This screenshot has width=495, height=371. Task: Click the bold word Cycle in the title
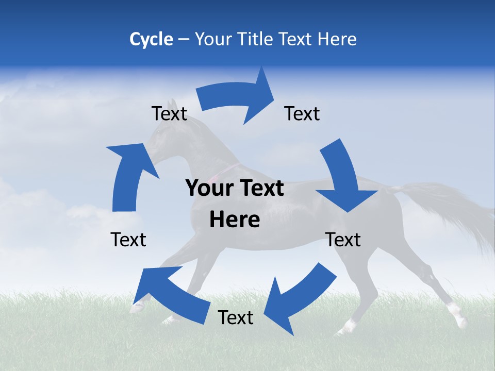click(x=151, y=39)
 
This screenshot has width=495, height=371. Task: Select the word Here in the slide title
click(x=337, y=39)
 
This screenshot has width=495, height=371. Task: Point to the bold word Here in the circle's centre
click(x=235, y=220)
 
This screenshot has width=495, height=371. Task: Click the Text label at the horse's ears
click(x=169, y=113)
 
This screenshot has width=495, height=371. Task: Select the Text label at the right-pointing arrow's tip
click(x=302, y=113)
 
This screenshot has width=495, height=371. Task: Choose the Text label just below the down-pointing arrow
click(x=343, y=240)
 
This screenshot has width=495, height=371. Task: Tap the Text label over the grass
click(x=236, y=318)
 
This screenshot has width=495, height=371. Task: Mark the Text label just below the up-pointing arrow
click(x=128, y=240)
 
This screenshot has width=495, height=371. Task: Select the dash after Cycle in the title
click(x=184, y=39)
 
